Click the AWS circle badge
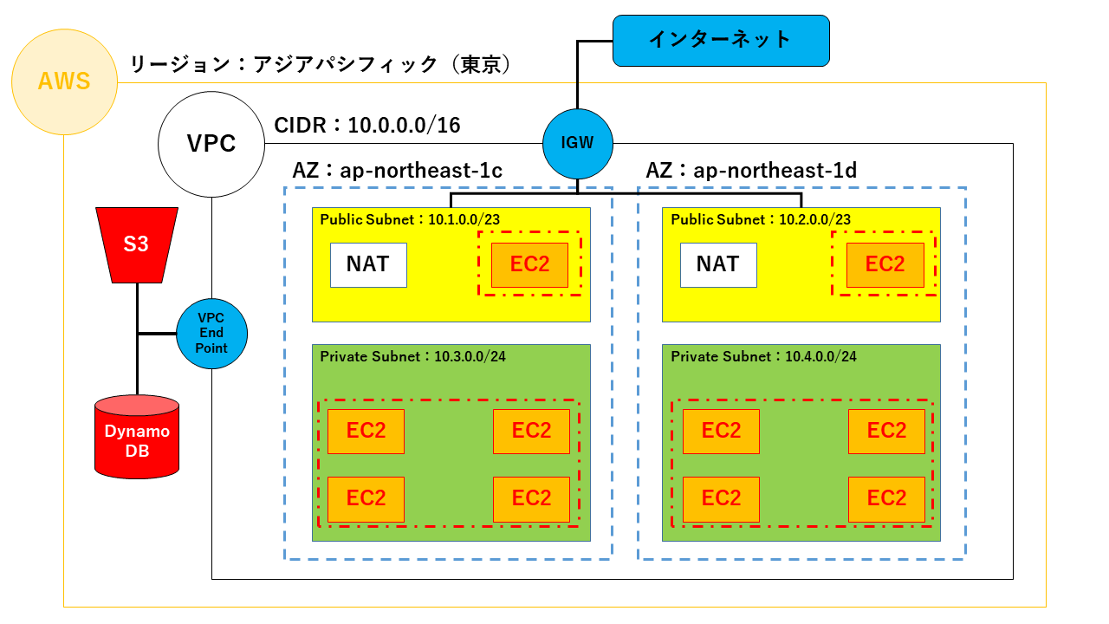pyautogui.click(x=64, y=82)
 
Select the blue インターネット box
pyautogui.click(x=721, y=40)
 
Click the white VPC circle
pyautogui.click(x=211, y=143)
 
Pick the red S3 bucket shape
pyautogui.click(x=137, y=244)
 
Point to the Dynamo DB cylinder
pyautogui.click(x=137, y=437)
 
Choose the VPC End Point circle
pyautogui.click(x=211, y=334)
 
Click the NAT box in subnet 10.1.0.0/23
pyautogui.click(x=368, y=264)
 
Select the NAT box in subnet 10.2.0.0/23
pyautogui.click(x=718, y=264)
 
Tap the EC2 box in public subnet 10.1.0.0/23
pyautogui.click(x=529, y=264)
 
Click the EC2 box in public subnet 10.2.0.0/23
pyautogui.click(x=885, y=264)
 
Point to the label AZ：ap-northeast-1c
pyautogui.click(x=398, y=171)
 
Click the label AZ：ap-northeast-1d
pyautogui.click(x=751, y=171)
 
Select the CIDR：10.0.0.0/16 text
pyautogui.click(x=366, y=126)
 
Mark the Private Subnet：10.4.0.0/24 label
pyautogui.click(x=763, y=356)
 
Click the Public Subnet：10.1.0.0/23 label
pyautogui.click(x=410, y=219)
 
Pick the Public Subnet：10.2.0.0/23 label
pyautogui.click(x=761, y=219)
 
